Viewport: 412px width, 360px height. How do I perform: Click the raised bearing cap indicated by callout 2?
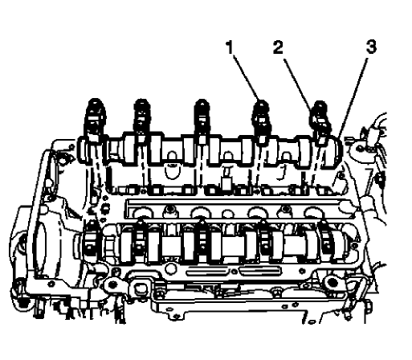tap(320, 129)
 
